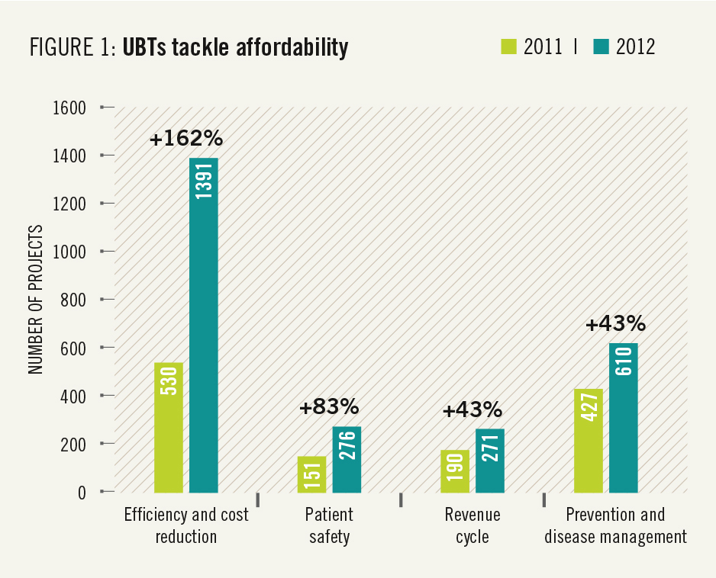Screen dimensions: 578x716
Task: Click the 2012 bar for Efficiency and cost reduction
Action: coord(204,325)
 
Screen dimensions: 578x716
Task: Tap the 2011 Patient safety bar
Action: coord(311,474)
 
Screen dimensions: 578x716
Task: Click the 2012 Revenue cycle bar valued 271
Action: coord(490,460)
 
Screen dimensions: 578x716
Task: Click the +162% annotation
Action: coord(185,139)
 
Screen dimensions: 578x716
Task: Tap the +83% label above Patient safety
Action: coord(329,407)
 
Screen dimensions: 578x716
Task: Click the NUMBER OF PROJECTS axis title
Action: coord(34,299)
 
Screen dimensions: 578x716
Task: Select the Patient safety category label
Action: coord(329,525)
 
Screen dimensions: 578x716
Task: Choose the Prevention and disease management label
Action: coord(615,525)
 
